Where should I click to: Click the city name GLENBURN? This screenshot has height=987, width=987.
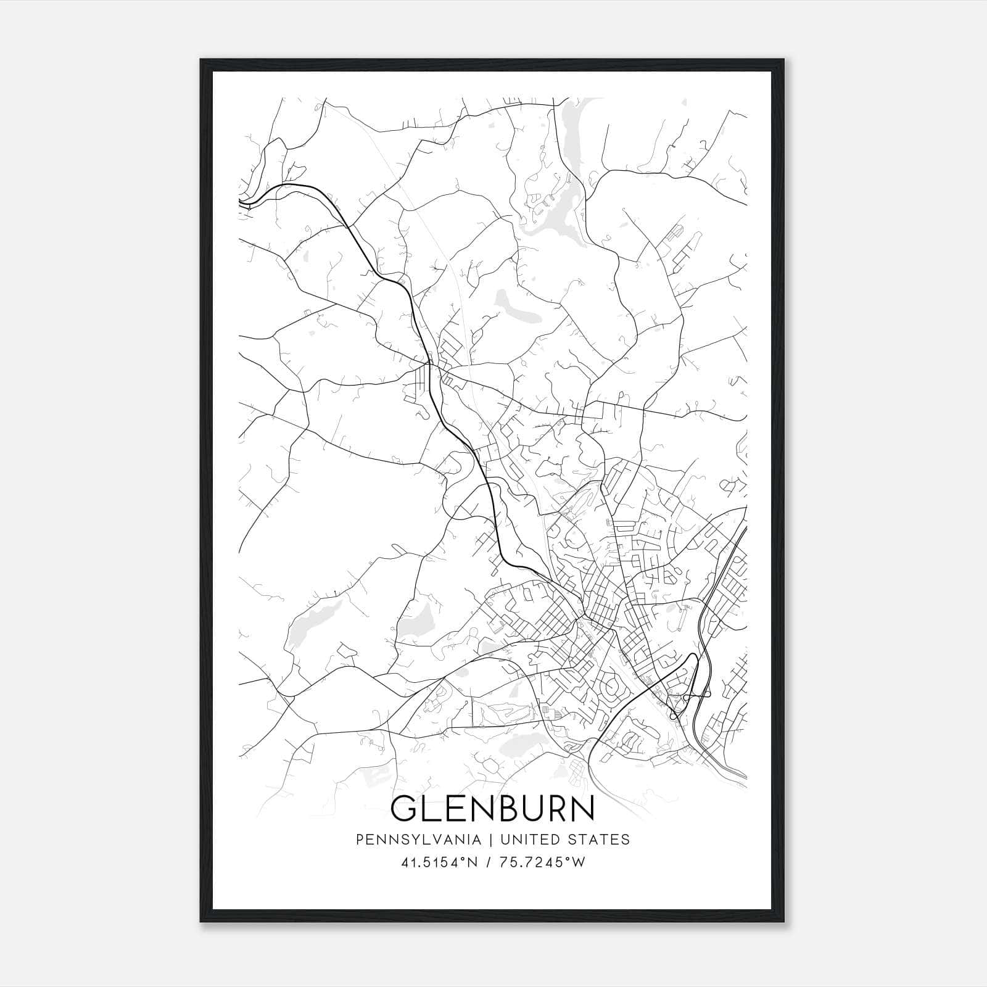[492, 809]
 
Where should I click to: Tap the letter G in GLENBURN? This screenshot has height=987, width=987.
[405, 809]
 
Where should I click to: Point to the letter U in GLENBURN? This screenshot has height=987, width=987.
[528, 809]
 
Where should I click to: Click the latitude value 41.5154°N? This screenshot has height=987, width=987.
[439, 862]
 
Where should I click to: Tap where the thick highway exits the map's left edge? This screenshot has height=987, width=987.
[240, 201]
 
